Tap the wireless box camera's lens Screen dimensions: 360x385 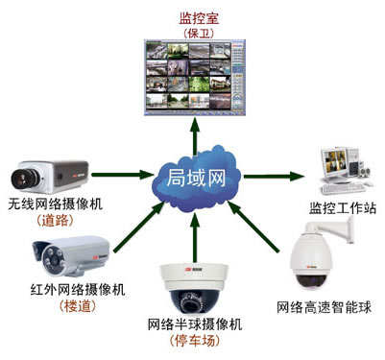tap(21, 177)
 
